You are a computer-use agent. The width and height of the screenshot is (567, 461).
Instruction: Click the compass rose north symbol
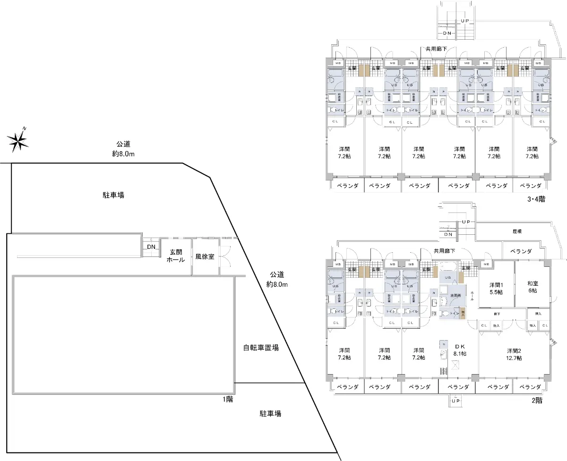[x=18, y=139]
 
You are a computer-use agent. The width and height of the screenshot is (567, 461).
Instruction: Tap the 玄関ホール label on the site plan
[x=175, y=256]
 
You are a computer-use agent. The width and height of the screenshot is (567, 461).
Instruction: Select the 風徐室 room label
[x=205, y=257]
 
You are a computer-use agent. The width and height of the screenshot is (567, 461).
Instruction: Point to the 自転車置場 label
[x=261, y=348]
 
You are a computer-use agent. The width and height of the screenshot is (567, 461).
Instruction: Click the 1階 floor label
[x=228, y=399]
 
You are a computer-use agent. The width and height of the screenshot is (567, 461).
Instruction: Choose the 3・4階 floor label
[x=536, y=199]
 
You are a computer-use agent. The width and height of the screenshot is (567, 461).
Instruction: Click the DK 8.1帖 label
[x=460, y=350]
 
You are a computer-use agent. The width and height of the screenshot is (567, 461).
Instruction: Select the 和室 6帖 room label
[x=533, y=287]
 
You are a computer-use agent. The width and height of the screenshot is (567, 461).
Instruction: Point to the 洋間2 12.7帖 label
[x=514, y=354]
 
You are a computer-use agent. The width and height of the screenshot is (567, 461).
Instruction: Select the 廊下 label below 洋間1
[x=497, y=313]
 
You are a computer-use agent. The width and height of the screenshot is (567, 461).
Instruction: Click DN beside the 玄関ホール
[x=151, y=247]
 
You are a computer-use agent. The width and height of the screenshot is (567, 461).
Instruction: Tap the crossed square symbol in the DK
[x=455, y=364]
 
